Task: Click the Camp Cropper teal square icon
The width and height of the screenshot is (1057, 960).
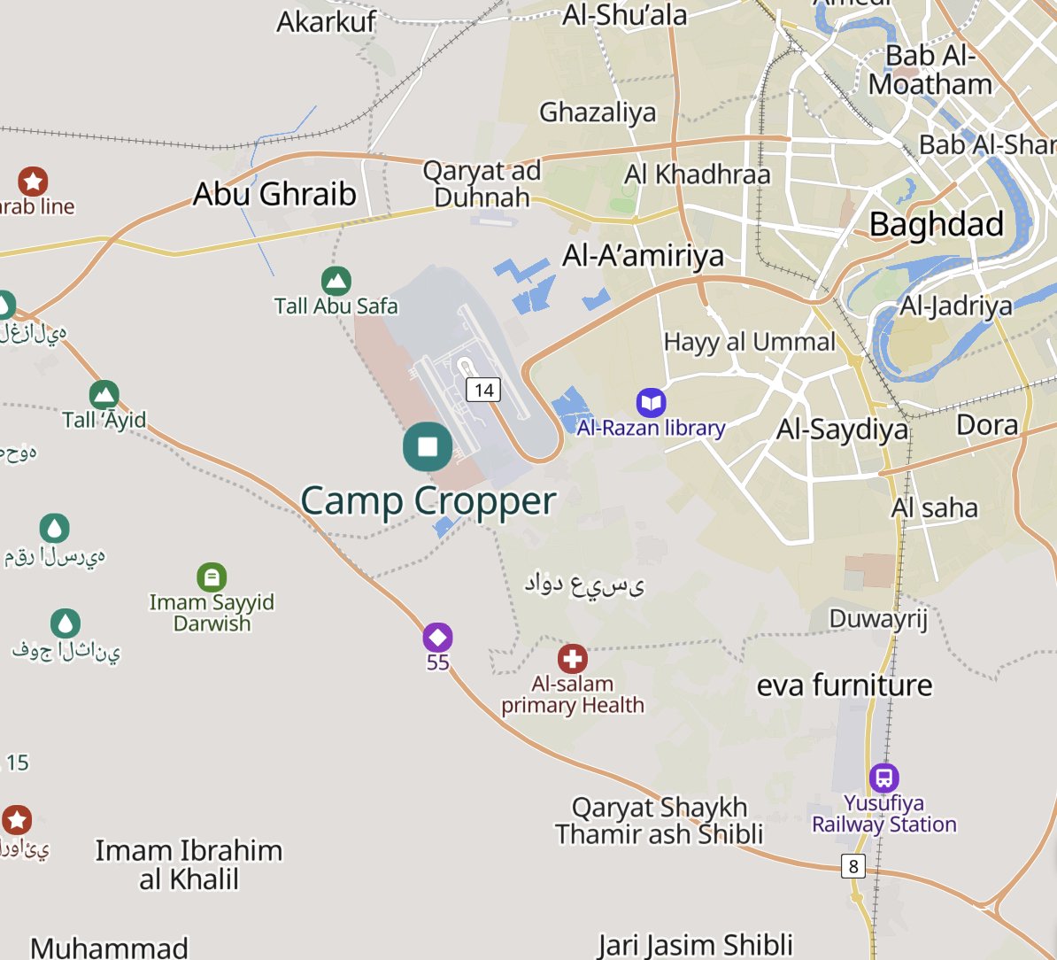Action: pyautogui.click(x=428, y=446)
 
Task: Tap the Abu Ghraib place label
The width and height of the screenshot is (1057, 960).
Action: pyautogui.click(x=274, y=194)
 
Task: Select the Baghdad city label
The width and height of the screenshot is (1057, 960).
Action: pyautogui.click(x=937, y=224)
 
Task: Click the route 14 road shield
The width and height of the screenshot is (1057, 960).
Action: pyautogui.click(x=483, y=390)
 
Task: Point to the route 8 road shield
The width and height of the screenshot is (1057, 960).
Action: pyautogui.click(x=853, y=866)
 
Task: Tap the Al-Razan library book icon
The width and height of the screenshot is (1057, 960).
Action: pyautogui.click(x=652, y=403)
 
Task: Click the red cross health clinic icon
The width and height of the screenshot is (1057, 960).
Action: pyautogui.click(x=573, y=659)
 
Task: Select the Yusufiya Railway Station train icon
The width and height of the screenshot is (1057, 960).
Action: pyautogui.click(x=883, y=778)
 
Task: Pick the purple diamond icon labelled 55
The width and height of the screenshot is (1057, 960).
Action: pyautogui.click(x=437, y=638)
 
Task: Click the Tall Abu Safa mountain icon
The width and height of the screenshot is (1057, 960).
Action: pyautogui.click(x=336, y=282)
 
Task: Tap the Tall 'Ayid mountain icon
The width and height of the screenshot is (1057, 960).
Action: pyautogui.click(x=104, y=394)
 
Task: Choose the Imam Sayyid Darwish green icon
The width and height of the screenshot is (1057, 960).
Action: pyautogui.click(x=212, y=577)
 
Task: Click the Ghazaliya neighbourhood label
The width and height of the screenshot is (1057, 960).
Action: pyautogui.click(x=598, y=112)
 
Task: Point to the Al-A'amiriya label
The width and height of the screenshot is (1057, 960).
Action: pyautogui.click(x=643, y=256)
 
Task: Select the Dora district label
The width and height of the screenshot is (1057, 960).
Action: pyautogui.click(x=987, y=425)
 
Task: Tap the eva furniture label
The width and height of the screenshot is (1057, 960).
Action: pyautogui.click(x=844, y=685)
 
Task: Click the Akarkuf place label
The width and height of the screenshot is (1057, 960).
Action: pyautogui.click(x=326, y=21)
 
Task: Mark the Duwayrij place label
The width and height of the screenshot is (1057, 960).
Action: pyautogui.click(x=877, y=617)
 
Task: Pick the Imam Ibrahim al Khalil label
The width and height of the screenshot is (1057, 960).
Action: pyautogui.click(x=189, y=864)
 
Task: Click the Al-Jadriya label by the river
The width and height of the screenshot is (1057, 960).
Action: pyautogui.click(x=955, y=306)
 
